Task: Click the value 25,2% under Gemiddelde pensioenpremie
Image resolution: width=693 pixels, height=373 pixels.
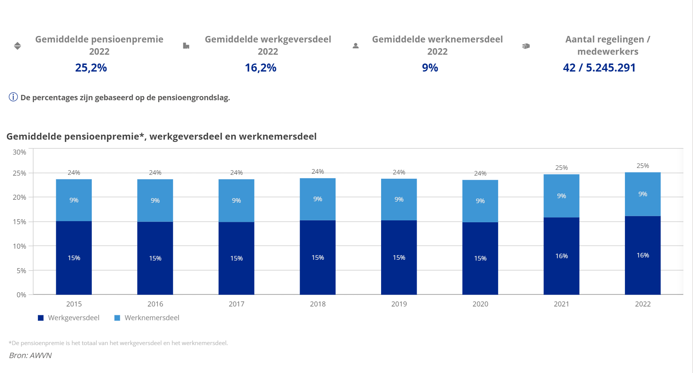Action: coord(91,68)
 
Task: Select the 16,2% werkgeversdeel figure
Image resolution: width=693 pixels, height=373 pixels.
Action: coord(260,68)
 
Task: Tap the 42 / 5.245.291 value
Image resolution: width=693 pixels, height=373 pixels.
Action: coord(599,68)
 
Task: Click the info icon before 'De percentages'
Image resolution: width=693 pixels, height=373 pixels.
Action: coord(13,97)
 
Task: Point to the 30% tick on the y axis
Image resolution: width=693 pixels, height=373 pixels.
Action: coord(19,152)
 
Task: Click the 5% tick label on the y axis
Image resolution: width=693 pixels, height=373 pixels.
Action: coord(21,271)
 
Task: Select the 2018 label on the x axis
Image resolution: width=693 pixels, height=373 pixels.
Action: coord(318,304)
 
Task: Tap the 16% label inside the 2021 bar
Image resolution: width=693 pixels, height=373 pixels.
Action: coord(561,256)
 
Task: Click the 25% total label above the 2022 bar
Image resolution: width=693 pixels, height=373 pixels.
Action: coord(643,166)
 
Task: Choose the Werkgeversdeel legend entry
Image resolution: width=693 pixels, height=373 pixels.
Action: coord(69,318)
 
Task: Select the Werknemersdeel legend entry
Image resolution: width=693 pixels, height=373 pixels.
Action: coord(147,318)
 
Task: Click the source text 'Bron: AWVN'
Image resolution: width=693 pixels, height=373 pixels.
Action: coord(30,355)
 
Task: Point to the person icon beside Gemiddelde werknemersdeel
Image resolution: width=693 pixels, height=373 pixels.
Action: coord(355,46)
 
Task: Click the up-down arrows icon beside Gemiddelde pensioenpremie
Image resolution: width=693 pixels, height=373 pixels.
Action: coord(17,46)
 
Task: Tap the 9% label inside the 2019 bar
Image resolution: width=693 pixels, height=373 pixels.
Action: coord(399,199)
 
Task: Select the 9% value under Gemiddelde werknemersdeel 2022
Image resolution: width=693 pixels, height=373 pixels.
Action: coord(430,68)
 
